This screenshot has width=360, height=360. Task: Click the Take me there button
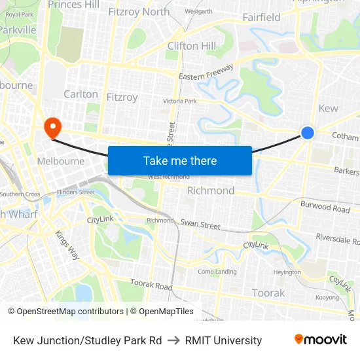click(180, 160)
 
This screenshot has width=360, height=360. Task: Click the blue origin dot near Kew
click(308, 133)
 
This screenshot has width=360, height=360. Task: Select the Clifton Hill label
click(191, 46)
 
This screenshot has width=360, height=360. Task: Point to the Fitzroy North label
click(138, 11)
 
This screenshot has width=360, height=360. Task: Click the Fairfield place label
click(261, 17)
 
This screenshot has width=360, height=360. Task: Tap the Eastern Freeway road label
click(207, 74)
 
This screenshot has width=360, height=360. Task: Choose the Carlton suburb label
click(81, 94)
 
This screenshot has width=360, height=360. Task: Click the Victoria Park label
click(179, 101)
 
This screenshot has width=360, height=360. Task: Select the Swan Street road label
click(200, 225)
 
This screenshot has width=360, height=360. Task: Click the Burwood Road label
click(325, 207)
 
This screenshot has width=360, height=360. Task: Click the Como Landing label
click(217, 272)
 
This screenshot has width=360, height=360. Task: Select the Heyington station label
click(287, 272)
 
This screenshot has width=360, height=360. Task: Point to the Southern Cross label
click(20, 194)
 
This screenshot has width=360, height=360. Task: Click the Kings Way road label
click(67, 245)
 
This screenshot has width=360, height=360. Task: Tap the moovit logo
click(321, 340)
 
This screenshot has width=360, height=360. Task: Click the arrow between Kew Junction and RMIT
click(173, 340)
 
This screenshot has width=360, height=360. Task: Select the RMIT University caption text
click(223, 340)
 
